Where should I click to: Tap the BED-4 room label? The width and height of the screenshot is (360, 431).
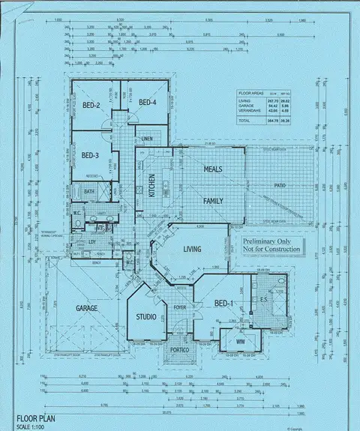click(x=146, y=102)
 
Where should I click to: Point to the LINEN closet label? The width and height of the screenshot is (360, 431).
click(x=147, y=139)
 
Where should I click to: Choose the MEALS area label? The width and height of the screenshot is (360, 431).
click(x=214, y=169)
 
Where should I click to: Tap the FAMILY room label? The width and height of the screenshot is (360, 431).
click(x=214, y=201)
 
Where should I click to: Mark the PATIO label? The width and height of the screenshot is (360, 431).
click(x=280, y=184)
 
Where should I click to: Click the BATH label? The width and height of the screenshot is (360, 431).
click(x=89, y=192)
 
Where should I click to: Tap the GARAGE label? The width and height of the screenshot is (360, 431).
click(x=87, y=308)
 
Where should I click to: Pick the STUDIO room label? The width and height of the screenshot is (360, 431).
click(x=145, y=317)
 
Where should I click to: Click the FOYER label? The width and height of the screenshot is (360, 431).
click(x=180, y=307)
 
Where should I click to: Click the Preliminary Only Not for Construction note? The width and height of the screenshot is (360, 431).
click(x=271, y=245)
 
